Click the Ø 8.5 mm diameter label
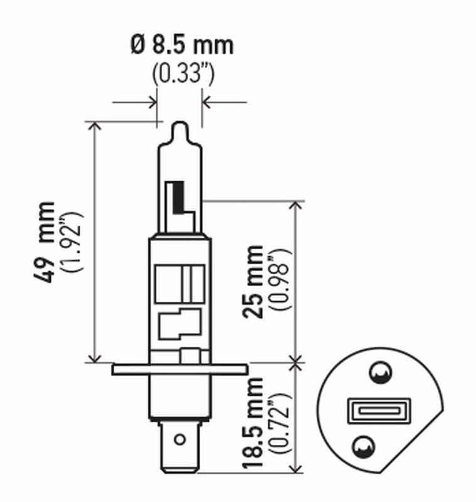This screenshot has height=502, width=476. (182, 46)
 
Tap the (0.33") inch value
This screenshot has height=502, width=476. (183, 73)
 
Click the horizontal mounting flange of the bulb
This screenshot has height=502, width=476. (179, 369)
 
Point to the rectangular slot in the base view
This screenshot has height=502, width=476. (378, 410)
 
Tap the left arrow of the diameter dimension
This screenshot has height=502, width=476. (149, 101)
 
